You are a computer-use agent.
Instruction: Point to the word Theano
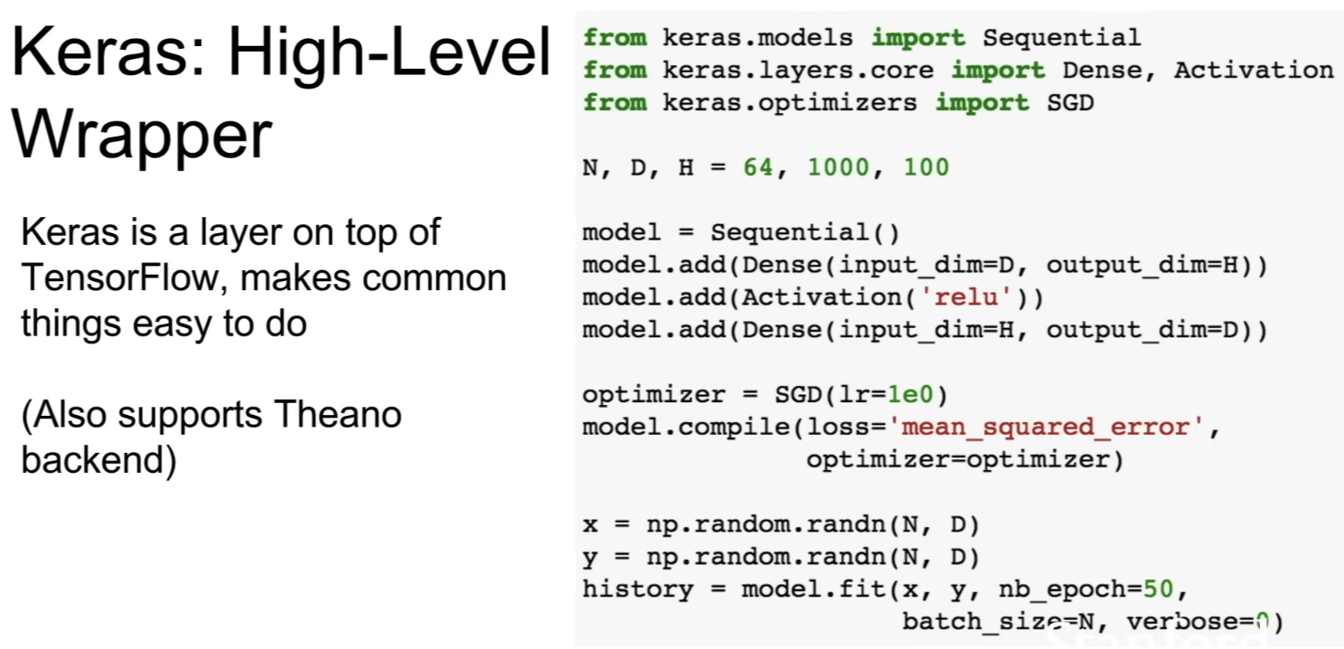[338, 414]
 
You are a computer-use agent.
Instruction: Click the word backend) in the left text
[99, 460]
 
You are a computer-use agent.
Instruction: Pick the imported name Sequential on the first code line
[1061, 38]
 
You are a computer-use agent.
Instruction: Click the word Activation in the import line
[1254, 71]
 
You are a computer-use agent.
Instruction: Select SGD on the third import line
[1070, 103]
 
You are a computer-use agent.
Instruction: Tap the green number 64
[759, 167]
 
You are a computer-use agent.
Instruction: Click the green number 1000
[838, 167]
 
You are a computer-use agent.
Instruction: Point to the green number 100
[927, 167]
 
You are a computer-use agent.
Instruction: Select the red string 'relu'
[966, 297]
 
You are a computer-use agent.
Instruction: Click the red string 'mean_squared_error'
[1046, 428]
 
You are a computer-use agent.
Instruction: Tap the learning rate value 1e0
[910, 395]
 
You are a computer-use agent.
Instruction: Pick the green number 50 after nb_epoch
[1158, 589]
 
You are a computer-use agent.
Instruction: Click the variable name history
[638, 589]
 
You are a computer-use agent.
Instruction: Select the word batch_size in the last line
[982, 622]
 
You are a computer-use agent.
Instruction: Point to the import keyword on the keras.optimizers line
[982, 103]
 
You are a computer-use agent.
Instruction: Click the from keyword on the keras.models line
[615, 38]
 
